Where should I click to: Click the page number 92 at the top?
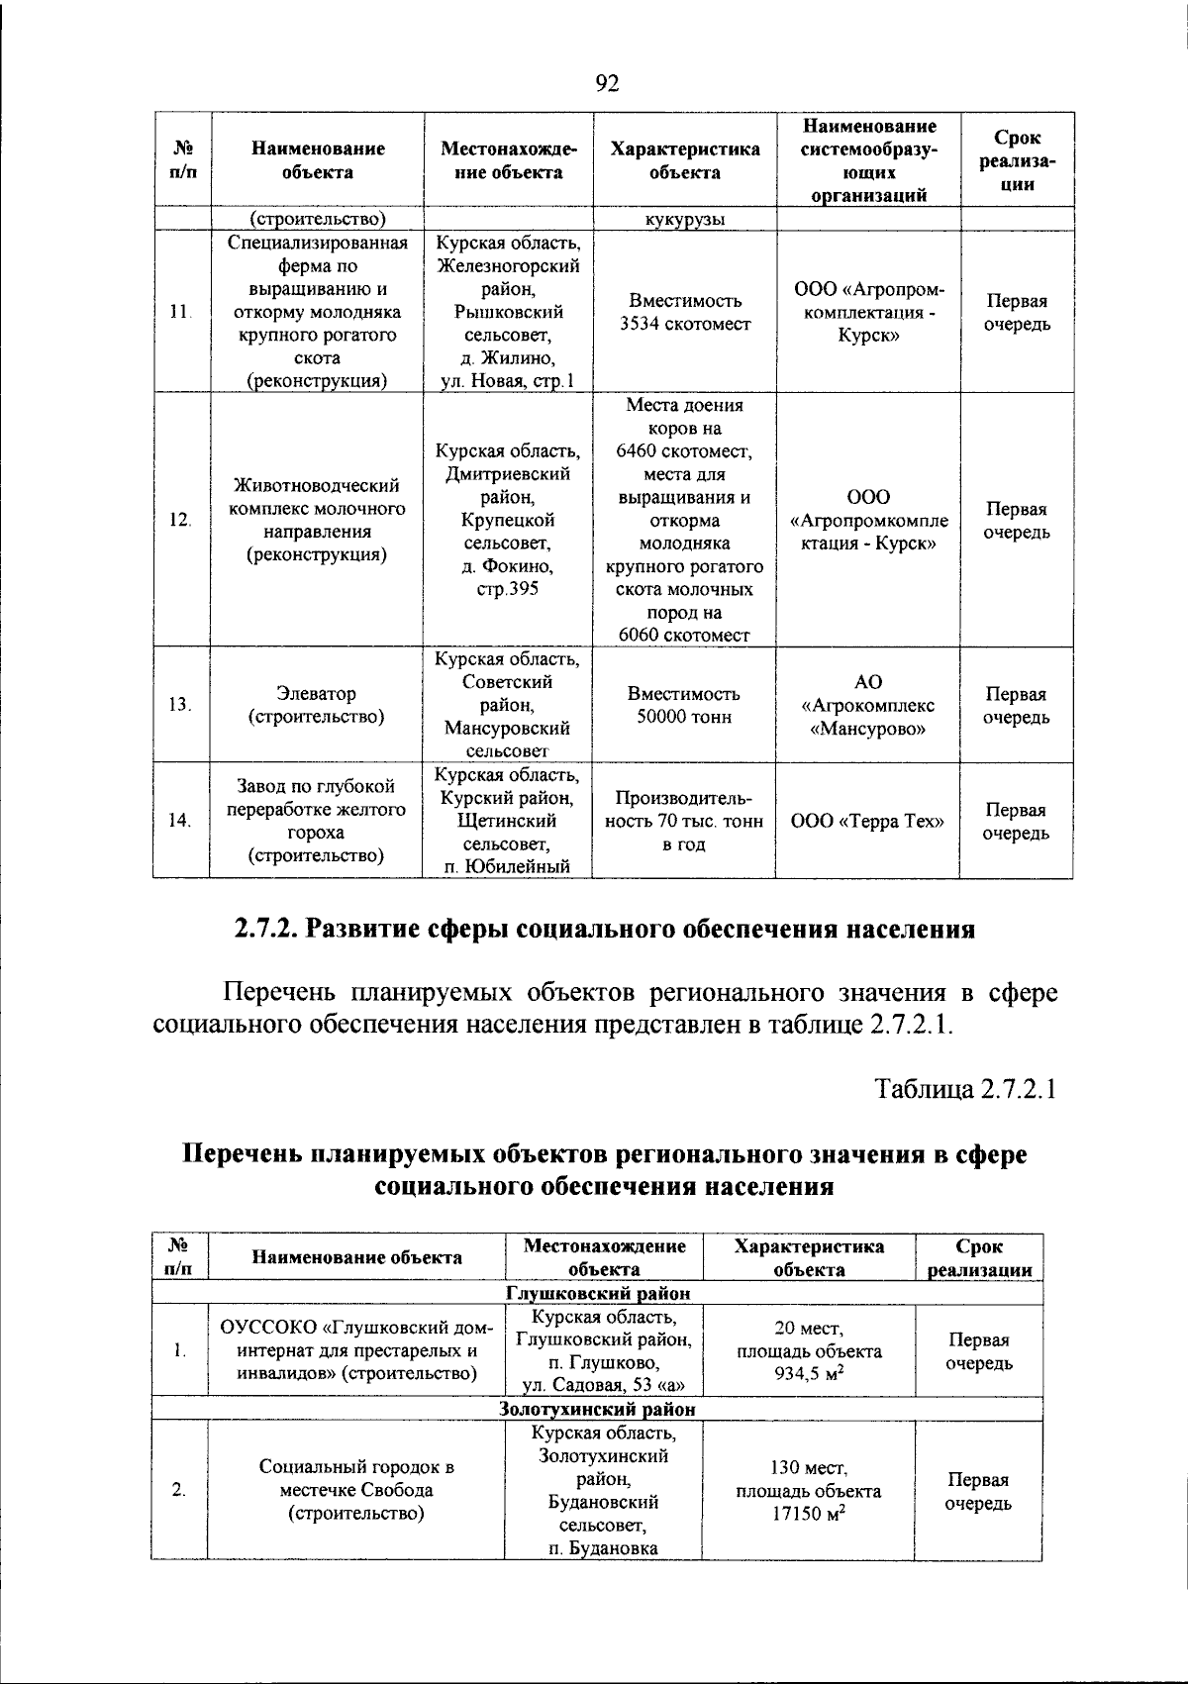point(607,83)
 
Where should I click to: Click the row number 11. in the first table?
point(180,312)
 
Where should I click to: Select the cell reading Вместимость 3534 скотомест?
point(685,312)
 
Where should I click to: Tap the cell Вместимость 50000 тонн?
point(685,705)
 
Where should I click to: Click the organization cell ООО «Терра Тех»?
point(867,821)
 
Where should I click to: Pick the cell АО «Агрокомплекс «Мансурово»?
point(867,705)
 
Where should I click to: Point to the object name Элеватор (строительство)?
point(317,705)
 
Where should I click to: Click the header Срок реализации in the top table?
point(1017,160)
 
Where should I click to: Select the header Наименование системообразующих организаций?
point(867,160)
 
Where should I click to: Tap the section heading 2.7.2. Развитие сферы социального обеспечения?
point(605,930)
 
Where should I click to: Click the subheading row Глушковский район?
point(598,1293)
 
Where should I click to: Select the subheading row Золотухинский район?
point(598,1409)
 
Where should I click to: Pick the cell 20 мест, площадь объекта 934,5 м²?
point(808,1351)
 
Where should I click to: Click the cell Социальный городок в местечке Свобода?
point(356,1490)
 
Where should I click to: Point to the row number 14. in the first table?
point(180,821)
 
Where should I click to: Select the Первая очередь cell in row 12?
point(1017,521)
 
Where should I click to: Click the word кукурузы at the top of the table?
point(685,219)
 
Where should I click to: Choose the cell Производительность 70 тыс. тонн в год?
point(685,821)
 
